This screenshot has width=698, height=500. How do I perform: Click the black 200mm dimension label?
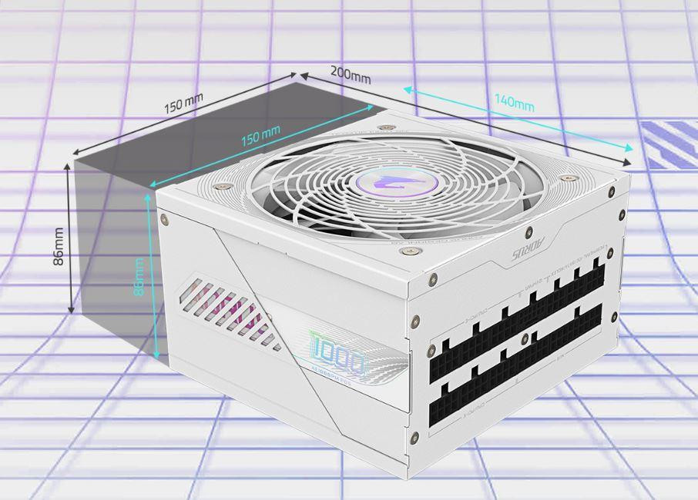(351, 75)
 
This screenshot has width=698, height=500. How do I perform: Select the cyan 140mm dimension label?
(514, 102)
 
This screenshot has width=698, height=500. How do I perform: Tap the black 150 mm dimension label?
(183, 102)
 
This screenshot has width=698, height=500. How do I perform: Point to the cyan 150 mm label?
(260, 137)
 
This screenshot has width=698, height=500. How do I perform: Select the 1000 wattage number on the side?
(338, 358)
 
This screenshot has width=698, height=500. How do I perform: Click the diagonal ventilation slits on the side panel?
(227, 312)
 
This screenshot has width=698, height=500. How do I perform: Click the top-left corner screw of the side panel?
(164, 219)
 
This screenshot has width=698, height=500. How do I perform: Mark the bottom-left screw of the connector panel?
(416, 437)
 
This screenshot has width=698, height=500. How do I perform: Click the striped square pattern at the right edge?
(669, 144)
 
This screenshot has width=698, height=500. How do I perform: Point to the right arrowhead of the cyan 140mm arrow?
(630, 148)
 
